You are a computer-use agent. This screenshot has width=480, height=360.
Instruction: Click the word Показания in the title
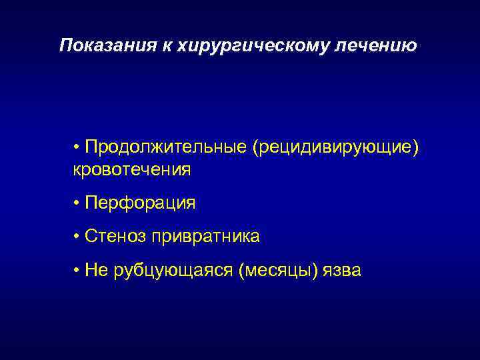tap(99, 45)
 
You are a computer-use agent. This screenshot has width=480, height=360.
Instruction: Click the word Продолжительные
tap(165, 147)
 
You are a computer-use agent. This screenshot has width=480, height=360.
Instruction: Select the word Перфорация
tap(140, 203)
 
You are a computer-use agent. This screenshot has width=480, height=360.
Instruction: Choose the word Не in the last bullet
tap(94, 270)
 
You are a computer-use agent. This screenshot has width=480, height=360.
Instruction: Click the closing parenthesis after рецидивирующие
tap(417, 147)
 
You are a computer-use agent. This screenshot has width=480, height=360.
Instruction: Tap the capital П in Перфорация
tap(91, 203)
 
